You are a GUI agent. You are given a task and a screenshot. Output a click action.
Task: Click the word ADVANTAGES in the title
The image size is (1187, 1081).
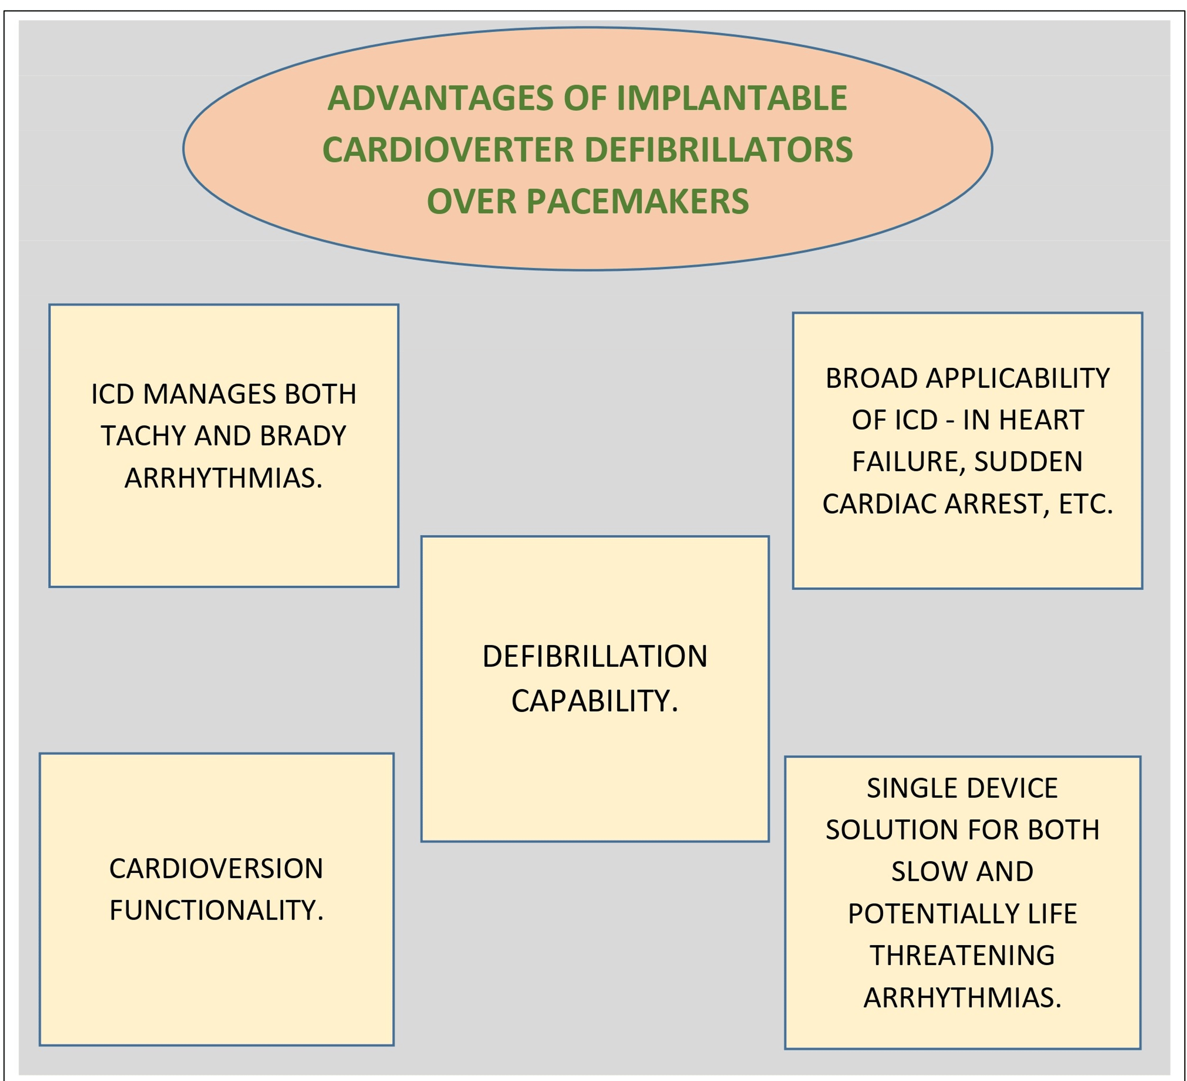[440, 99]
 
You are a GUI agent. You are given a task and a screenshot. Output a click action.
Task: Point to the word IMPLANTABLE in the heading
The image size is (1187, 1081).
[732, 99]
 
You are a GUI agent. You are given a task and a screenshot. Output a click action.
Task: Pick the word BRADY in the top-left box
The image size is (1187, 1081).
[303, 436]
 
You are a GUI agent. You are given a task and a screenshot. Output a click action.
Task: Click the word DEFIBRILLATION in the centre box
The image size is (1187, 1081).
[595, 656]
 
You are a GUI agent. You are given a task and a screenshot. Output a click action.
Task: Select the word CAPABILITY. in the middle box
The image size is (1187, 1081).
[595, 701]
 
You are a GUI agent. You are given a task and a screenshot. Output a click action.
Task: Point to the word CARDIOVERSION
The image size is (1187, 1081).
[216, 868]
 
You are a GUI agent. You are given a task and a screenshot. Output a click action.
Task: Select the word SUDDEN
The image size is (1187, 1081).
[1029, 462]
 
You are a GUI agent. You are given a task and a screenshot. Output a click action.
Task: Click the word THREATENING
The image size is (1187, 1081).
[963, 956]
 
